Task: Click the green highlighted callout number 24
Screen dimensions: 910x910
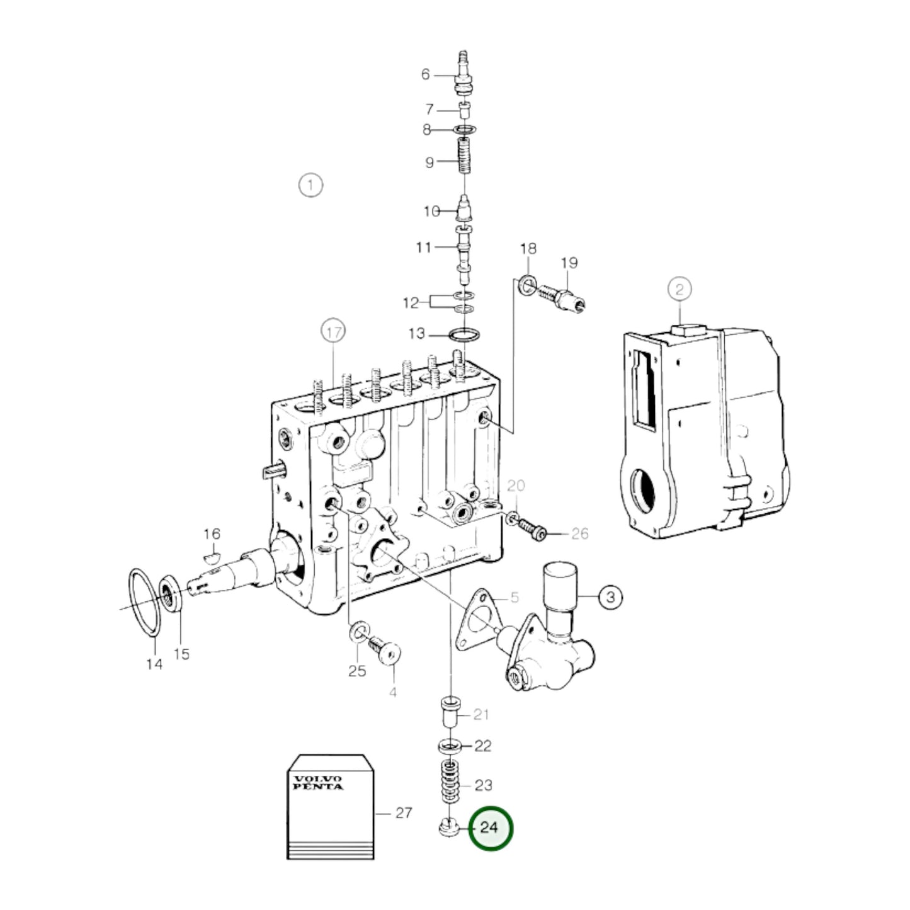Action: point(490,828)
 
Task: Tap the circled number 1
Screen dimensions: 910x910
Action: point(310,185)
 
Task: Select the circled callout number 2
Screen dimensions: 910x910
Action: point(680,289)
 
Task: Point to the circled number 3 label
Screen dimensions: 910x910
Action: point(611,597)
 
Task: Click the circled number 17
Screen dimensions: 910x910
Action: point(333,332)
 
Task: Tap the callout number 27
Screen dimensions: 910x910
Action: point(404,813)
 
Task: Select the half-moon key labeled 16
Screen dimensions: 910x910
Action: point(212,558)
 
